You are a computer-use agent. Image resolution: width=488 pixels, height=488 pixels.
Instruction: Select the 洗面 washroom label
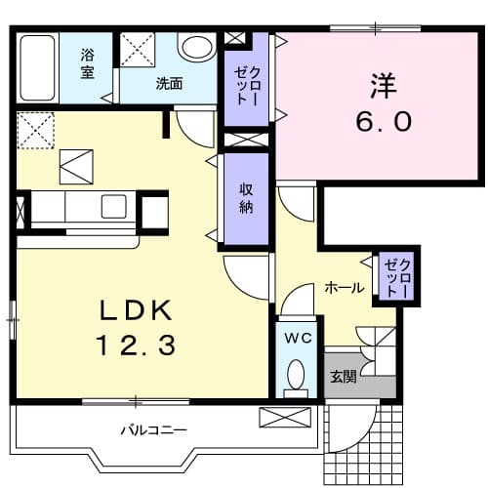click(169, 84)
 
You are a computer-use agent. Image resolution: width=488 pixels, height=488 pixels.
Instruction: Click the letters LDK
click(136, 311)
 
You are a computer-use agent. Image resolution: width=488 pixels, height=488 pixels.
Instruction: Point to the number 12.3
click(136, 345)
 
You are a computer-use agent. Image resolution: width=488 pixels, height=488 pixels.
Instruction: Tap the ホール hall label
click(345, 288)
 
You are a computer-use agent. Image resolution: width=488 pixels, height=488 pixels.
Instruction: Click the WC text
click(297, 338)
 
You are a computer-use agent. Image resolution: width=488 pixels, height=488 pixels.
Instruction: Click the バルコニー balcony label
click(153, 429)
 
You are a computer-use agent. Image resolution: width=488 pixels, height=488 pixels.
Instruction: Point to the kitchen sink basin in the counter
click(113, 206)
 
